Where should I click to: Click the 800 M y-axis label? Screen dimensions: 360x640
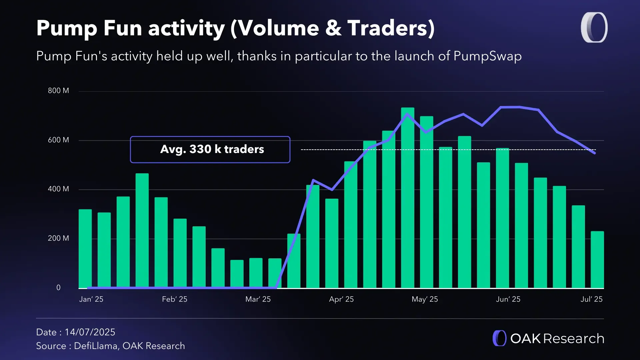58,91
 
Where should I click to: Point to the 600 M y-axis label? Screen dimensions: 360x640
58,140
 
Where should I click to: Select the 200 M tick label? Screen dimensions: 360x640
58,238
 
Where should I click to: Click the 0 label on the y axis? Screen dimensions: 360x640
58,287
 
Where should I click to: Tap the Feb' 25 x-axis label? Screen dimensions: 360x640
174,299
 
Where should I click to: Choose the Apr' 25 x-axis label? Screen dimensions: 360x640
341,299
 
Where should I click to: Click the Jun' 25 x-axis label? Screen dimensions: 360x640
508,299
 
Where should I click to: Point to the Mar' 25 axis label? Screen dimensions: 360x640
258,299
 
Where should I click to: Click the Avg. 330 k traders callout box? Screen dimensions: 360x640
210,149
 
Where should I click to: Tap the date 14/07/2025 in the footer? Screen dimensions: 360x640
90,332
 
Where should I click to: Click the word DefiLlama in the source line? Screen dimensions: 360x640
96,346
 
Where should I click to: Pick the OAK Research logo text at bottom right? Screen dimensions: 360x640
557,339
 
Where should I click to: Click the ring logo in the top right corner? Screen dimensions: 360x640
594,28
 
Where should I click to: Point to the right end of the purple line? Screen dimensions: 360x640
595,153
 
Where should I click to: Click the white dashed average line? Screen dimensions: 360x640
333,150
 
